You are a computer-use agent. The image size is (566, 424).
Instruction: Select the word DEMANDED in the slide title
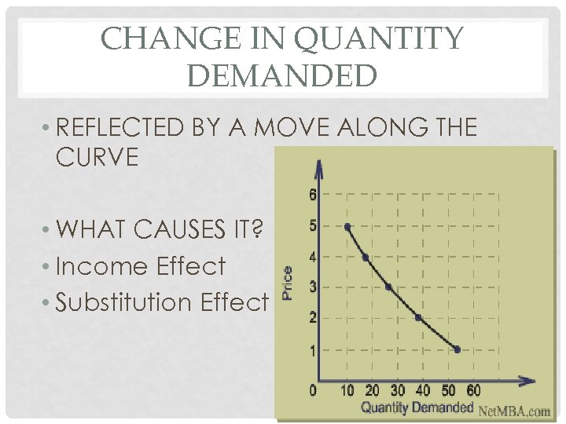[x=283, y=76]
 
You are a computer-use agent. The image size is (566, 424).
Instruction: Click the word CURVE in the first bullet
[x=97, y=157]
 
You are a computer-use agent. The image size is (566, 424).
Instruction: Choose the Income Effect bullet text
[x=141, y=266]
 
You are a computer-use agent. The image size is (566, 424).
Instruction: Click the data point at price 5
[x=347, y=226]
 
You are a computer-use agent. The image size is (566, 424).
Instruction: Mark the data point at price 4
[x=366, y=258]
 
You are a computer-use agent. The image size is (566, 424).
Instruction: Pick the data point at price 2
[x=418, y=318]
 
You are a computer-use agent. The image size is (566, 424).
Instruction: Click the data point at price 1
[x=457, y=349]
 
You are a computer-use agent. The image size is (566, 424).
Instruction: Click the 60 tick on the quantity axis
[x=473, y=390]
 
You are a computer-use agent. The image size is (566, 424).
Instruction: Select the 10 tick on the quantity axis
[x=347, y=390]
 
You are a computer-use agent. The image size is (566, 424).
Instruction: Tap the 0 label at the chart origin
[x=312, y=390]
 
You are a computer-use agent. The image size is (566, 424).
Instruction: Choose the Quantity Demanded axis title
[x=417, y=408]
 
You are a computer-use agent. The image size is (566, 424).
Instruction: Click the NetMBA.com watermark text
[x=515, y=409]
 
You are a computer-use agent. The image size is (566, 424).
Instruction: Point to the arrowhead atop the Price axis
[x=318, y=167]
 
